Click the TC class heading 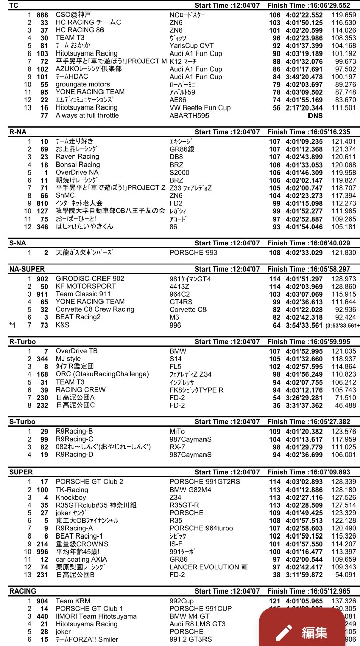[14, 5]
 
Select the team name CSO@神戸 [74, 15]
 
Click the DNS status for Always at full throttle [315, 116]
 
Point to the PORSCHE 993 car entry [192, 253]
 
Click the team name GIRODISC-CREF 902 [89, 279]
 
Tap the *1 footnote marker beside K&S [12, 325]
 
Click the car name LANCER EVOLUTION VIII [209, 567]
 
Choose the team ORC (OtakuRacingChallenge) [102, 374]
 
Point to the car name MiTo [177, 432]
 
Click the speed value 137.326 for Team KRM [344, 601]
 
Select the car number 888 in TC [42, 15]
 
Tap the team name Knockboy [71, 498]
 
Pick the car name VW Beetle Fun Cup [200, 107]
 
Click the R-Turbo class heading [23, 342]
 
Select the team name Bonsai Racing [78, 165]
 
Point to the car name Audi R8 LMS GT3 [197, 624]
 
